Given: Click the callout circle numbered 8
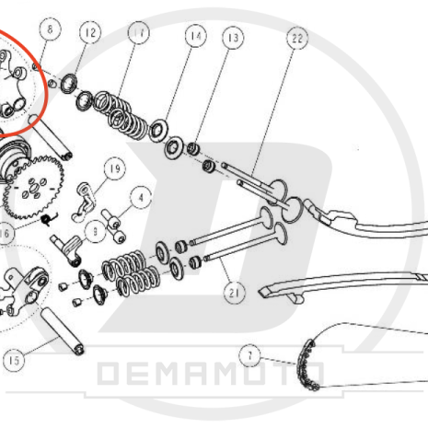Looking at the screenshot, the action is click(51, 29).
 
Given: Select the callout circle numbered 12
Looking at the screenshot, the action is click(90, 33).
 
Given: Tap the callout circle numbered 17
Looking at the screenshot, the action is click(139, 32).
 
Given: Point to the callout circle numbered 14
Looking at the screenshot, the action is click(196, 36).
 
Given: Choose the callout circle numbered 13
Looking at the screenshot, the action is click(233, 38).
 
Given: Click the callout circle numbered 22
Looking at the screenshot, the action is click(297, 38).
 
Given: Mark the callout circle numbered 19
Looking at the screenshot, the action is click(115, 168).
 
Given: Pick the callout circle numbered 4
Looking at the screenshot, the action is click(141, 198).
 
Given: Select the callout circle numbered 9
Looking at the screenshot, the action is click(96, 232).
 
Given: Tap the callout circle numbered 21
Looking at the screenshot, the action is click(235, 293).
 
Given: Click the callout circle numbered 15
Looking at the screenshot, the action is click(14, 361).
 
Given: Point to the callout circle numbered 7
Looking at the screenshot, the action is click(249, 355).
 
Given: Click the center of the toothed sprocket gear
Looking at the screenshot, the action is click(33, 187).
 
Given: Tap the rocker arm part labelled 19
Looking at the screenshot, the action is click(84, 202).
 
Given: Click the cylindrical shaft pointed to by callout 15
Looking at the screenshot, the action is click(63, 331).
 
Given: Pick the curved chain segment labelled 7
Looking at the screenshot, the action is click(307, 365).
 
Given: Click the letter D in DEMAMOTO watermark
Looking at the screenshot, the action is click(108, 374).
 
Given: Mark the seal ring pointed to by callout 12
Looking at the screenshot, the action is click(69, 84).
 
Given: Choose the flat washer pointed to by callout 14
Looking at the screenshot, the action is click(158, 130).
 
